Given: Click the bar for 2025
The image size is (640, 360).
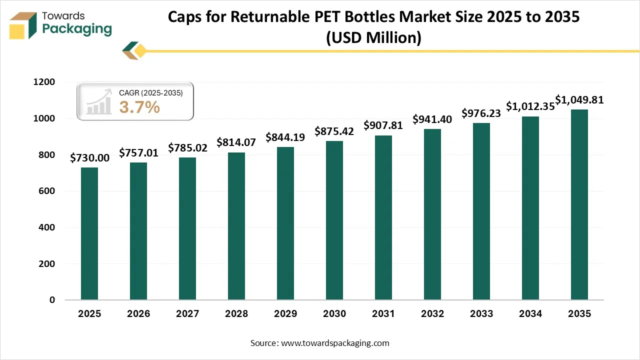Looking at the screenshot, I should [89, 233].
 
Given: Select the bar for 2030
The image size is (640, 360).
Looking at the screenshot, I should [334, 220].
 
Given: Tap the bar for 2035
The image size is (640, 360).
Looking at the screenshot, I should [579, 204].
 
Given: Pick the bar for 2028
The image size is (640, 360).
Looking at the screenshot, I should [236, 226].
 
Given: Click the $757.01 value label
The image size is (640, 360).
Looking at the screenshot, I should [138, 153].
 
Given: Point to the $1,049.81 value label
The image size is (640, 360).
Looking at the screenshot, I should [579, 100].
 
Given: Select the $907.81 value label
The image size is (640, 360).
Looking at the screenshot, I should [383, 125].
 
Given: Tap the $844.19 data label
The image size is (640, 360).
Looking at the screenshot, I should [285, 137].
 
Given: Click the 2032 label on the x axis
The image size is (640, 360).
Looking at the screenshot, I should [432, 314].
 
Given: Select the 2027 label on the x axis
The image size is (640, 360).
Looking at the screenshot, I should [187, 314].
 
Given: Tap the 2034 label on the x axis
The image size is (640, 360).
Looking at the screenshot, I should [530, 314].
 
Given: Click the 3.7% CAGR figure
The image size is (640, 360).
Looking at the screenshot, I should [139, 106].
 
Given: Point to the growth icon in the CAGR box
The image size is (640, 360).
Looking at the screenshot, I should [98, 101].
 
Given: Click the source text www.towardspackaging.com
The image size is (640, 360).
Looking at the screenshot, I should [335, 343].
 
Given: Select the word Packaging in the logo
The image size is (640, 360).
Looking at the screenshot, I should [77, 29].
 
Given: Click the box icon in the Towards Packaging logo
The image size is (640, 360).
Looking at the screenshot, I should [23, 25].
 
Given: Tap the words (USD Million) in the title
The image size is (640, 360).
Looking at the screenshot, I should [373, 37].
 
